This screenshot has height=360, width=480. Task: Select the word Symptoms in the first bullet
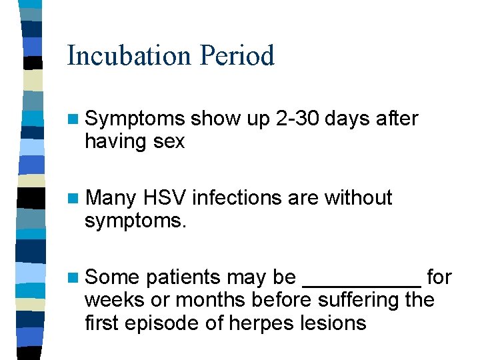135,119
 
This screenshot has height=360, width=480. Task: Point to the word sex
169,141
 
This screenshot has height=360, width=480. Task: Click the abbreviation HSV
163,198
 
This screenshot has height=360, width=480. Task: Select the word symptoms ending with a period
135,221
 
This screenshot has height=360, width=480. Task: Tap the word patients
185,277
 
